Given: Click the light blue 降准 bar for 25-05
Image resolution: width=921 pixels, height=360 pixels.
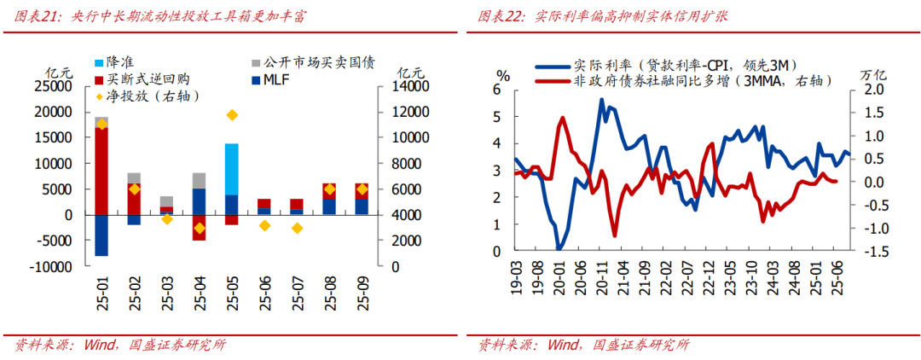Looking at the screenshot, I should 231,169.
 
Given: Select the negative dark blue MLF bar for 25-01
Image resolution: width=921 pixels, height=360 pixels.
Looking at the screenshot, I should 101,235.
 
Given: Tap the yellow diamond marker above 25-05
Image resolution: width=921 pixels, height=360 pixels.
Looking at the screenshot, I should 231,115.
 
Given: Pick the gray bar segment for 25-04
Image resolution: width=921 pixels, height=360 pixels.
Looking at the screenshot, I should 199,180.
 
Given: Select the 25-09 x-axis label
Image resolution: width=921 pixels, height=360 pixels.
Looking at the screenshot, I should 362,290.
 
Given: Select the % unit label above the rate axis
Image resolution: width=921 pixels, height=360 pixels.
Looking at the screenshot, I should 503,76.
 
